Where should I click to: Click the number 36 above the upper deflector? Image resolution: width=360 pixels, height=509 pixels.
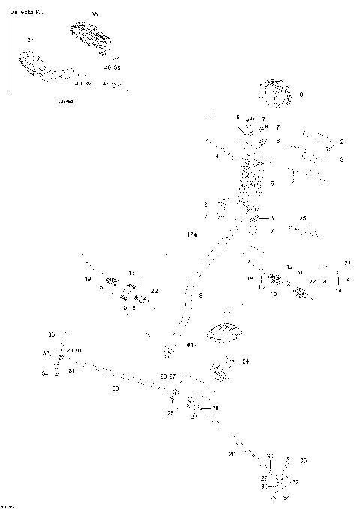click(94, 15)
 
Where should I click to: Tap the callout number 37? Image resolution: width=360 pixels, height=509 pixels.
click(30, 40)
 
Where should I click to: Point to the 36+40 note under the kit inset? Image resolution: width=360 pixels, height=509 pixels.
click(68, 100)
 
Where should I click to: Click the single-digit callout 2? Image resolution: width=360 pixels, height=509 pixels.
click(341, 142)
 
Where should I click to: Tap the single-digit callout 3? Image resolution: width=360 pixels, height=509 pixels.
click(341, 160)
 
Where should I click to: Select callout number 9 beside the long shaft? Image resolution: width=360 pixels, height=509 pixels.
click(201, 297)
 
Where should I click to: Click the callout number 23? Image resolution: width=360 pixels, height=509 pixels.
click(226, 310)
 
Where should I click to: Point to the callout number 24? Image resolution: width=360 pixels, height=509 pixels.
click(245, 361)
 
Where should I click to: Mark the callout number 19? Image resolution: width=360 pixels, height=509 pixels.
click(88, 280)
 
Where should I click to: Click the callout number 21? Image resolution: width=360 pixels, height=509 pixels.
click(347, 263)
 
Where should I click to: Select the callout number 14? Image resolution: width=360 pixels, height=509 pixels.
click(339, 290)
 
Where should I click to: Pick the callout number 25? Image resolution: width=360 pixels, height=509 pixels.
click(169, 413)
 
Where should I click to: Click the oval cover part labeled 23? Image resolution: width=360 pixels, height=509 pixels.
click(226, 332)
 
